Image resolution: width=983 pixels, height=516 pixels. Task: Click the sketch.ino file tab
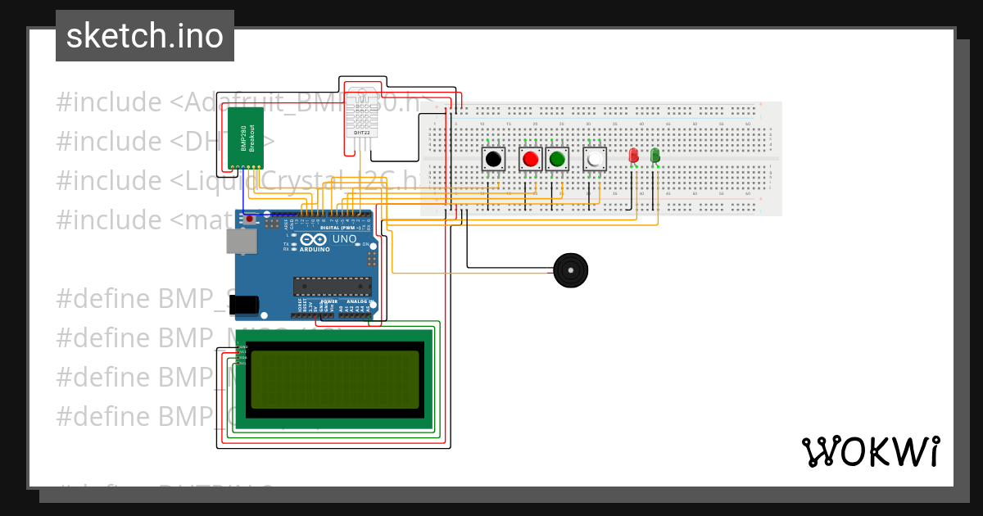pos(145,36)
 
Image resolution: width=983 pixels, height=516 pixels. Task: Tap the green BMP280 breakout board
pos(245,137)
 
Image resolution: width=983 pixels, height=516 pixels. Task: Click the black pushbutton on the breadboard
pos(492,159)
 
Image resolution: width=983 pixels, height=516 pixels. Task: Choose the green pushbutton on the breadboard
pos(557,159)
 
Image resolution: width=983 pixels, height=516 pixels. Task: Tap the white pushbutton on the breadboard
pos(595,159)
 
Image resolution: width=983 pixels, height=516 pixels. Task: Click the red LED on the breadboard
pos(633,156)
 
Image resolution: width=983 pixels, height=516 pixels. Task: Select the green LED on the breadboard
pos(655,156)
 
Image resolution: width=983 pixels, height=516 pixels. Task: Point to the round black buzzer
pos(570,270)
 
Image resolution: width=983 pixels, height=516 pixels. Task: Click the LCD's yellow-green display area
pos(335,379)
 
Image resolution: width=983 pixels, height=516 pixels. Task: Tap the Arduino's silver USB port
pos(242,240)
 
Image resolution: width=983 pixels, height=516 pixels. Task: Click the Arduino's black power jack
pos(243,305)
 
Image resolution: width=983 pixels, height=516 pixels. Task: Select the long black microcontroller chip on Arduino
pos(332,286)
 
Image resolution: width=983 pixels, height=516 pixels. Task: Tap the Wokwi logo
pos(870,451)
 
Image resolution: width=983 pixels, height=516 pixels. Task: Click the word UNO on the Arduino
pos(344,239)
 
